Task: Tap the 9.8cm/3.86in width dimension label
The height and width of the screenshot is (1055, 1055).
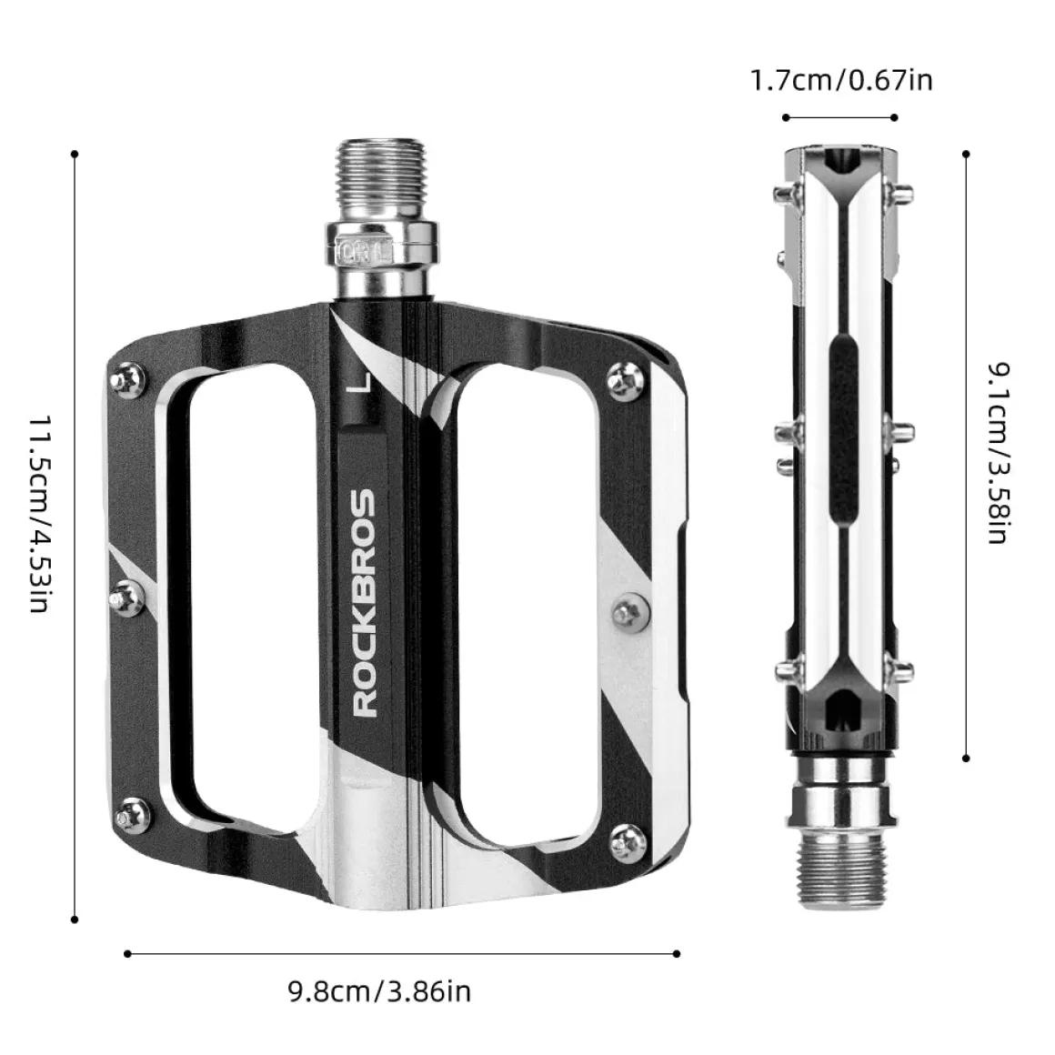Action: pos(379,992)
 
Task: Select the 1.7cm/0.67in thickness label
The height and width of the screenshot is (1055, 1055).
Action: pos(841,80)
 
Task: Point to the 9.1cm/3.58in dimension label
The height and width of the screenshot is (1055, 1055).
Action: pos(1000,454)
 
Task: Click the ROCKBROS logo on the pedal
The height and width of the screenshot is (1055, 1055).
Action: pos(364,602)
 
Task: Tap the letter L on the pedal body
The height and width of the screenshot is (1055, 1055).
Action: pos(362,380)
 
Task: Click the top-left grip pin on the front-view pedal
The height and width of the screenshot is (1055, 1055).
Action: pos(127,378)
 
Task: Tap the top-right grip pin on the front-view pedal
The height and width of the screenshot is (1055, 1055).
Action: pos(626,382)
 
